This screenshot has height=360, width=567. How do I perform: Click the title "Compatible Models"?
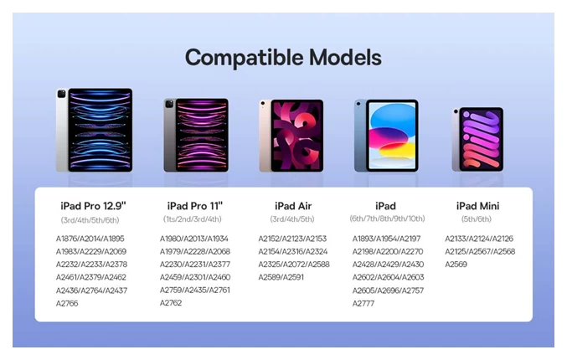pos(283,58)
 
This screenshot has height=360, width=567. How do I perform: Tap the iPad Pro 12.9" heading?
pos(93,206)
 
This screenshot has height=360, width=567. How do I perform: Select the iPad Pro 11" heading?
pos(195,206)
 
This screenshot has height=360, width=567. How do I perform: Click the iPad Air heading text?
pos(293,206)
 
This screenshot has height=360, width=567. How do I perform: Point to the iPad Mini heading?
pos(477,206)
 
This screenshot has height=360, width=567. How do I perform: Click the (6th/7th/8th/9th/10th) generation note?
pos(387,219)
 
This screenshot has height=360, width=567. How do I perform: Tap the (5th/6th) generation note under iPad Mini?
pos(477,219)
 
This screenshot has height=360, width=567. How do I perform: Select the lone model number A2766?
pos(67,303)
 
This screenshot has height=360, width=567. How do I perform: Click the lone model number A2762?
pos(171,303)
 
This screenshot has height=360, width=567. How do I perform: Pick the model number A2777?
pos(363,303)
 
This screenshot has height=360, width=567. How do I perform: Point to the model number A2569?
pos(456,265)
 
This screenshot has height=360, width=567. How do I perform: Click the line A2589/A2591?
pos(281,277)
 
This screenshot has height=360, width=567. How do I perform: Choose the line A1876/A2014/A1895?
pos(90,239)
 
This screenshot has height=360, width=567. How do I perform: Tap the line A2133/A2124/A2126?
pos(479,239)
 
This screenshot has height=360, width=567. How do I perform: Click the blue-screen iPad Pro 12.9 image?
pos(95,130)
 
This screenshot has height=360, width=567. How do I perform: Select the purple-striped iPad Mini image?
pos(477,139)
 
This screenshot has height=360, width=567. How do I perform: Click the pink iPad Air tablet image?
pos(291,136)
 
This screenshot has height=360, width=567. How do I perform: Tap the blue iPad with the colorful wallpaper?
pos(386,136)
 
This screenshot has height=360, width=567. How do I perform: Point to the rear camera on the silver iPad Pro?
pos(61,94)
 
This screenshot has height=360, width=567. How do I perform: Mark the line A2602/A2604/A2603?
pos(388,277)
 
